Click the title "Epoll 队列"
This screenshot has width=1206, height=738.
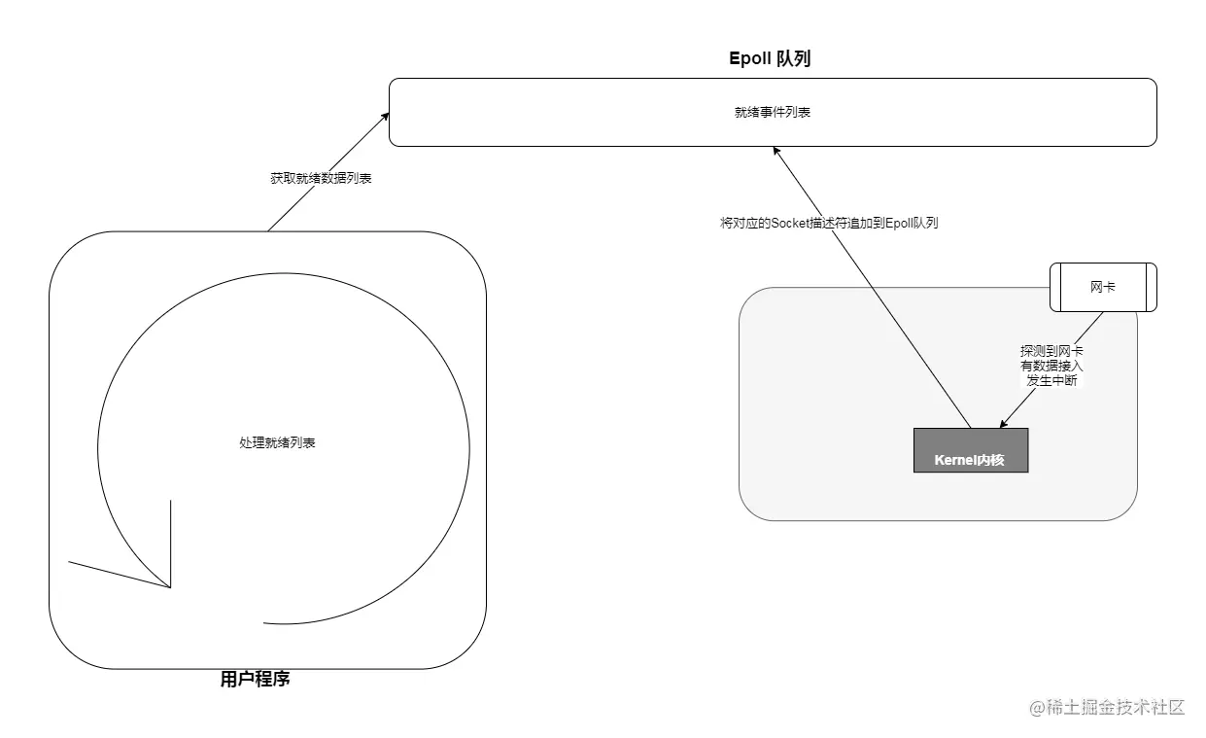[770, 58]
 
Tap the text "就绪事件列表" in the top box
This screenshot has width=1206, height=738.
[773, 113]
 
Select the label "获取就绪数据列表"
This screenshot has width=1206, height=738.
[321, 179]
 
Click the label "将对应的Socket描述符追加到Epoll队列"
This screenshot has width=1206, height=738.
[829, 223]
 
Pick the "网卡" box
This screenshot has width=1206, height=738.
[1103, 287]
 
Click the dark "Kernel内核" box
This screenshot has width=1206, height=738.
[970, 450]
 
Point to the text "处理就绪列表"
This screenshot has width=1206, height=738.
[277, 442]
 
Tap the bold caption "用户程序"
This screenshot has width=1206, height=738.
[256, 680]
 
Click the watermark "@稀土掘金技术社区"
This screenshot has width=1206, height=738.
[1108, 707]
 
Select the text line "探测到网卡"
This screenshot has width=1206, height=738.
[1051, 350]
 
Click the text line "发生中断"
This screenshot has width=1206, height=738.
[1051, 380]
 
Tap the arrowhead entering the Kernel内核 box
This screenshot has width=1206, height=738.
[1004, 424]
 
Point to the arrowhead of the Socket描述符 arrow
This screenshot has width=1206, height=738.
[775, 150]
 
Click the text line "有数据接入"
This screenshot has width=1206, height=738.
[1051, 366]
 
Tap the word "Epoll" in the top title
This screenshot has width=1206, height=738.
[750, 58]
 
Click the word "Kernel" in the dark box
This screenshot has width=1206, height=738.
[955, 459]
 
